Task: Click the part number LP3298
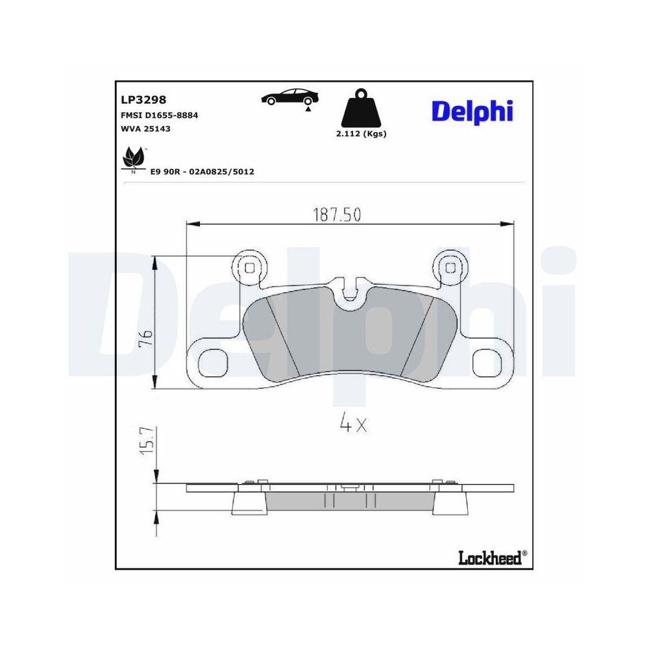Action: (143, 99)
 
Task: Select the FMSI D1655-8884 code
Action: (159, 115)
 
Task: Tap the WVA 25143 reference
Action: (145, 129)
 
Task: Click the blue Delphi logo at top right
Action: (472, 111)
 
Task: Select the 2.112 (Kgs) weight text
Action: (361, 134)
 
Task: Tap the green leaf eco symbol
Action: (134, 158)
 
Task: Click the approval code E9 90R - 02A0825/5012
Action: (202, 171)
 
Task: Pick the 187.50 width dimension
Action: (337, 215)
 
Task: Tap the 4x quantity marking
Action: (354, 424)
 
